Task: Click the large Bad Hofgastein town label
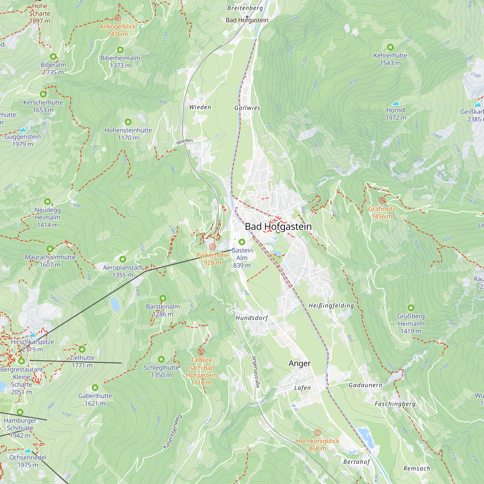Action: (x=278, y=227)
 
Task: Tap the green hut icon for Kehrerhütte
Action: (x=390, y=47)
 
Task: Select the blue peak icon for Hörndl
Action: (x=396, y=103)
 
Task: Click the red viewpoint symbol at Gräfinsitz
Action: (x=382, y=200)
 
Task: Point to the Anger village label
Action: (x=300, y=363)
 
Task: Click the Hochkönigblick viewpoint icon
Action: (x=318, y=433)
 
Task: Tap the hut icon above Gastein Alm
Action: (x=242, y=242)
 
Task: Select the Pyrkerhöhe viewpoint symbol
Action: (x=212, y=247)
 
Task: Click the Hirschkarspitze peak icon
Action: (x=32, y=335)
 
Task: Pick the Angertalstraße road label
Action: (x=256, y=372)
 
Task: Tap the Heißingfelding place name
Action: (x=331, y=306)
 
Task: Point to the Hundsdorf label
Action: (x=252, y=318)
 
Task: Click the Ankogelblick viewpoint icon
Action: (x=118, y=18)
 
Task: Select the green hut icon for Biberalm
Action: (x=53, y=56)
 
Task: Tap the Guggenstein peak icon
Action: (x=23, y=129)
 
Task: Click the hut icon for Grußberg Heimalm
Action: (x=411, y=308)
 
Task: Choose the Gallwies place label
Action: (x=247, y=108)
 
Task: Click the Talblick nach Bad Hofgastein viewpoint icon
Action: (x=201, y=351)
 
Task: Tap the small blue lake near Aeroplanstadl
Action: (x=115, y=304)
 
